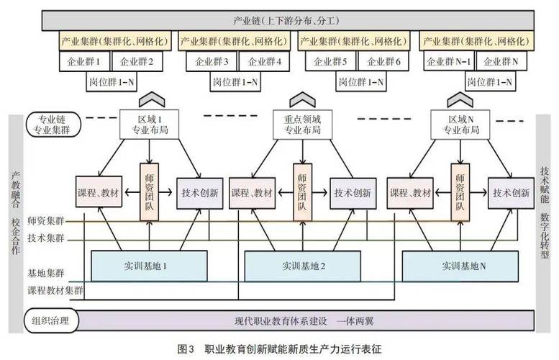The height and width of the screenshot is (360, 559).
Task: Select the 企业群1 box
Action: point(87,61)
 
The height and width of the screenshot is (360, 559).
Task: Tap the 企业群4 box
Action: point(262,61)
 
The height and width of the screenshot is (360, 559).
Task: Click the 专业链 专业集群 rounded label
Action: point(53,123)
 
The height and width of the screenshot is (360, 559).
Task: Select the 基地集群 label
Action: point(46,274)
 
